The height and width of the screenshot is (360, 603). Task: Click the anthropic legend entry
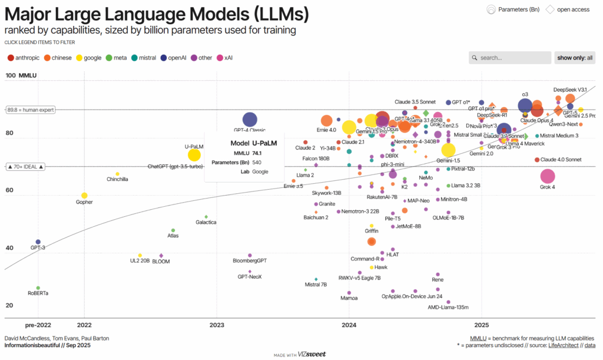pyautogui.click(x=24, y=58)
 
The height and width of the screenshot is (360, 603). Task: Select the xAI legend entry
pyautogui.click(x=224, y=58)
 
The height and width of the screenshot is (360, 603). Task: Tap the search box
pyautogui.click(x=509, y=58)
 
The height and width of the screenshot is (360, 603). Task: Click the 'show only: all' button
pyautogui.click(x=575, y=58)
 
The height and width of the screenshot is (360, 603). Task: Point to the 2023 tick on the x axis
pyautogui.click(x=217, y=324)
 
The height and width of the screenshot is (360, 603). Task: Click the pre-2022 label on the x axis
pyautogui.click(x=38, y=324)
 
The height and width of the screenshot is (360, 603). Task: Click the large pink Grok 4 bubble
pyautogui.click(x=548, y=176)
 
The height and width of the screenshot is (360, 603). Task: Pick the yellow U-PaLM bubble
pyautogui.click(x=194, y=155)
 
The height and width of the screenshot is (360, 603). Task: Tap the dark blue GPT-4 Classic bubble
pyautogui.click(x=250, y=120)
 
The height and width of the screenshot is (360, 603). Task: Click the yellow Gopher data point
pyautogui.click(x=84, y=196)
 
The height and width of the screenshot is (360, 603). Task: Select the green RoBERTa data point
pyautogui.click(x=38, y=288)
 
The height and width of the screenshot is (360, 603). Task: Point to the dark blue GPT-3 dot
pyautogui.click(x=38, y=242)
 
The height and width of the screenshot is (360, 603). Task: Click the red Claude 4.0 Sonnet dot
pyautogui.click(x=536, y=160)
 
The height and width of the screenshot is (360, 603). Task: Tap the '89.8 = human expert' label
pyautogui.click(x=30, y=110)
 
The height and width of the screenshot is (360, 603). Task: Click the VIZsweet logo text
pyautogui.click(x=312, y=354)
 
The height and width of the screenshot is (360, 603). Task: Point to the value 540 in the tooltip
pyautogui.click(x=257, y=162)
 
